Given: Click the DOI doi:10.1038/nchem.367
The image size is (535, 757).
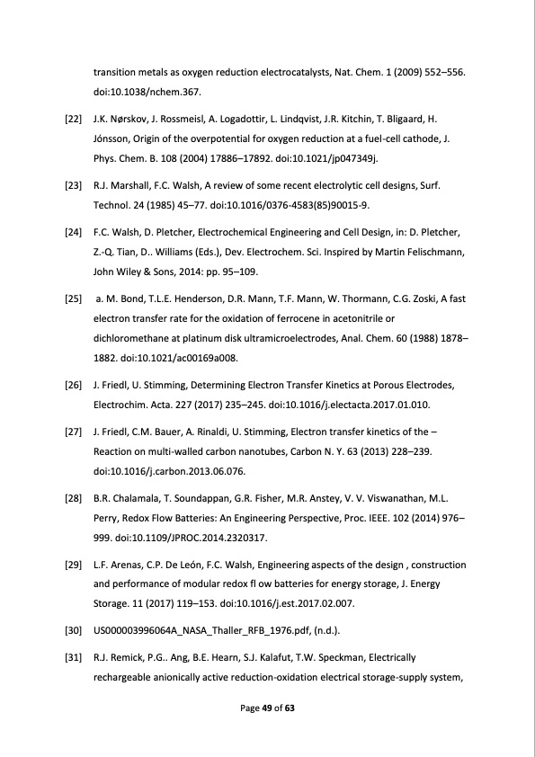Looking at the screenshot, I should [147, 91].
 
